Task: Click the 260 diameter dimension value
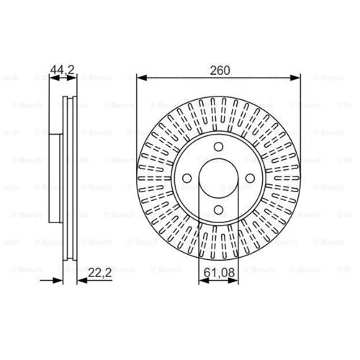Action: (x=220, y=71)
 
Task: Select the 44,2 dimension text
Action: (x=63, y=70)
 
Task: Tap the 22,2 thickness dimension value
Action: (x=100, y=273)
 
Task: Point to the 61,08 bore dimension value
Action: (x=219, y=273)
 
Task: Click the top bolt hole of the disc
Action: (x=218, y=147)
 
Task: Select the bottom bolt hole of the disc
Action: (x=218, y=210)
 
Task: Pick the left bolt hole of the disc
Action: (x=187, y=179)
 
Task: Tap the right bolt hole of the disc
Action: (x=250, y=179)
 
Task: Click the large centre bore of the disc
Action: (x=218, y=179)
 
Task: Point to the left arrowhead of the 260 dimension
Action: (x=142, y=78)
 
